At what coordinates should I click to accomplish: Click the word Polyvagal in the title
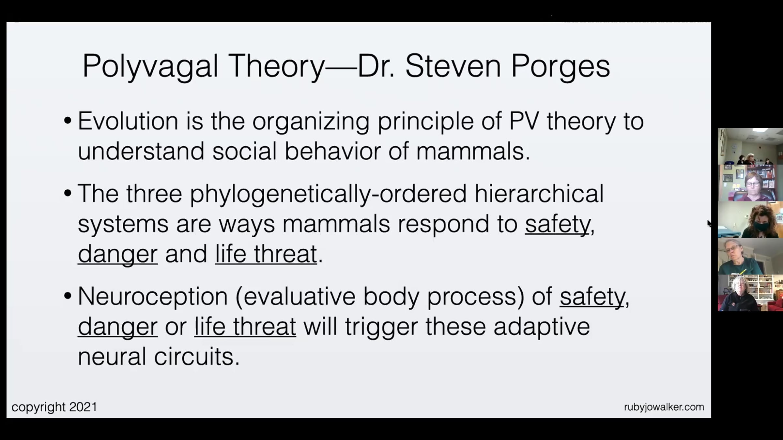click(x=150, y=66)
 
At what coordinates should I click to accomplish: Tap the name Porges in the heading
click(x=560, y=66)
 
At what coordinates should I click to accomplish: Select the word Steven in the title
click(x=453, y=66)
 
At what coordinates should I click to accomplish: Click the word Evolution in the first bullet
click(x=128, y=121)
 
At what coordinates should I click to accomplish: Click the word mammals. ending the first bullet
click(x=473, y=151)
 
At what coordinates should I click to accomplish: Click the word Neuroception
click(x=153, y=297)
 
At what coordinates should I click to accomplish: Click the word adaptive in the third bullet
click(x=542, y=327)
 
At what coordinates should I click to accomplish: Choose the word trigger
click(x=381, y=327)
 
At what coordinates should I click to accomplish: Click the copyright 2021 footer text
click(x=54, y=407)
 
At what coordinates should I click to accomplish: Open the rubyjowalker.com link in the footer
click(x=664, y=407)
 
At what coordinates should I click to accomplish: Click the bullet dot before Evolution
click(x=68, y=121)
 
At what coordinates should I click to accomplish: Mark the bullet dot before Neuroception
click(x=68, y=296)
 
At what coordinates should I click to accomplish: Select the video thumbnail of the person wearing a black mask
click(x=750, y=220)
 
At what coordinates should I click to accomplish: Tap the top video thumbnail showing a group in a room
click(x=750, y=146)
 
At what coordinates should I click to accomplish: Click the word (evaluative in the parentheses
click(x=295, y=297)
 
